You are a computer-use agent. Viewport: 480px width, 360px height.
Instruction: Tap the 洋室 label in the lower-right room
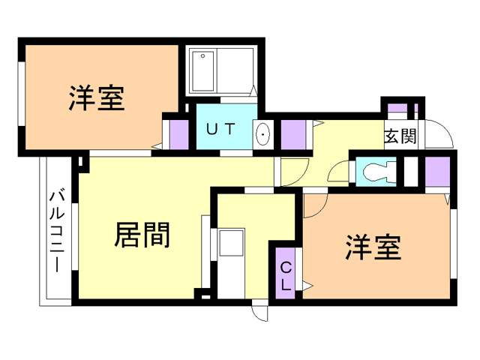373,247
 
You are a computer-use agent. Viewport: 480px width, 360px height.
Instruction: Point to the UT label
222,128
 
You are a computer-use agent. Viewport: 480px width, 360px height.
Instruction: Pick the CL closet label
286,275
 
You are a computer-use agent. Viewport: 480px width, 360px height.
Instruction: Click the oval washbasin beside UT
263,135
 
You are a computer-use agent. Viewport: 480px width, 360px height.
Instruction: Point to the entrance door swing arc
440,135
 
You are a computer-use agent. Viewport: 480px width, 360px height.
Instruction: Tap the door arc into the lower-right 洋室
314,203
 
